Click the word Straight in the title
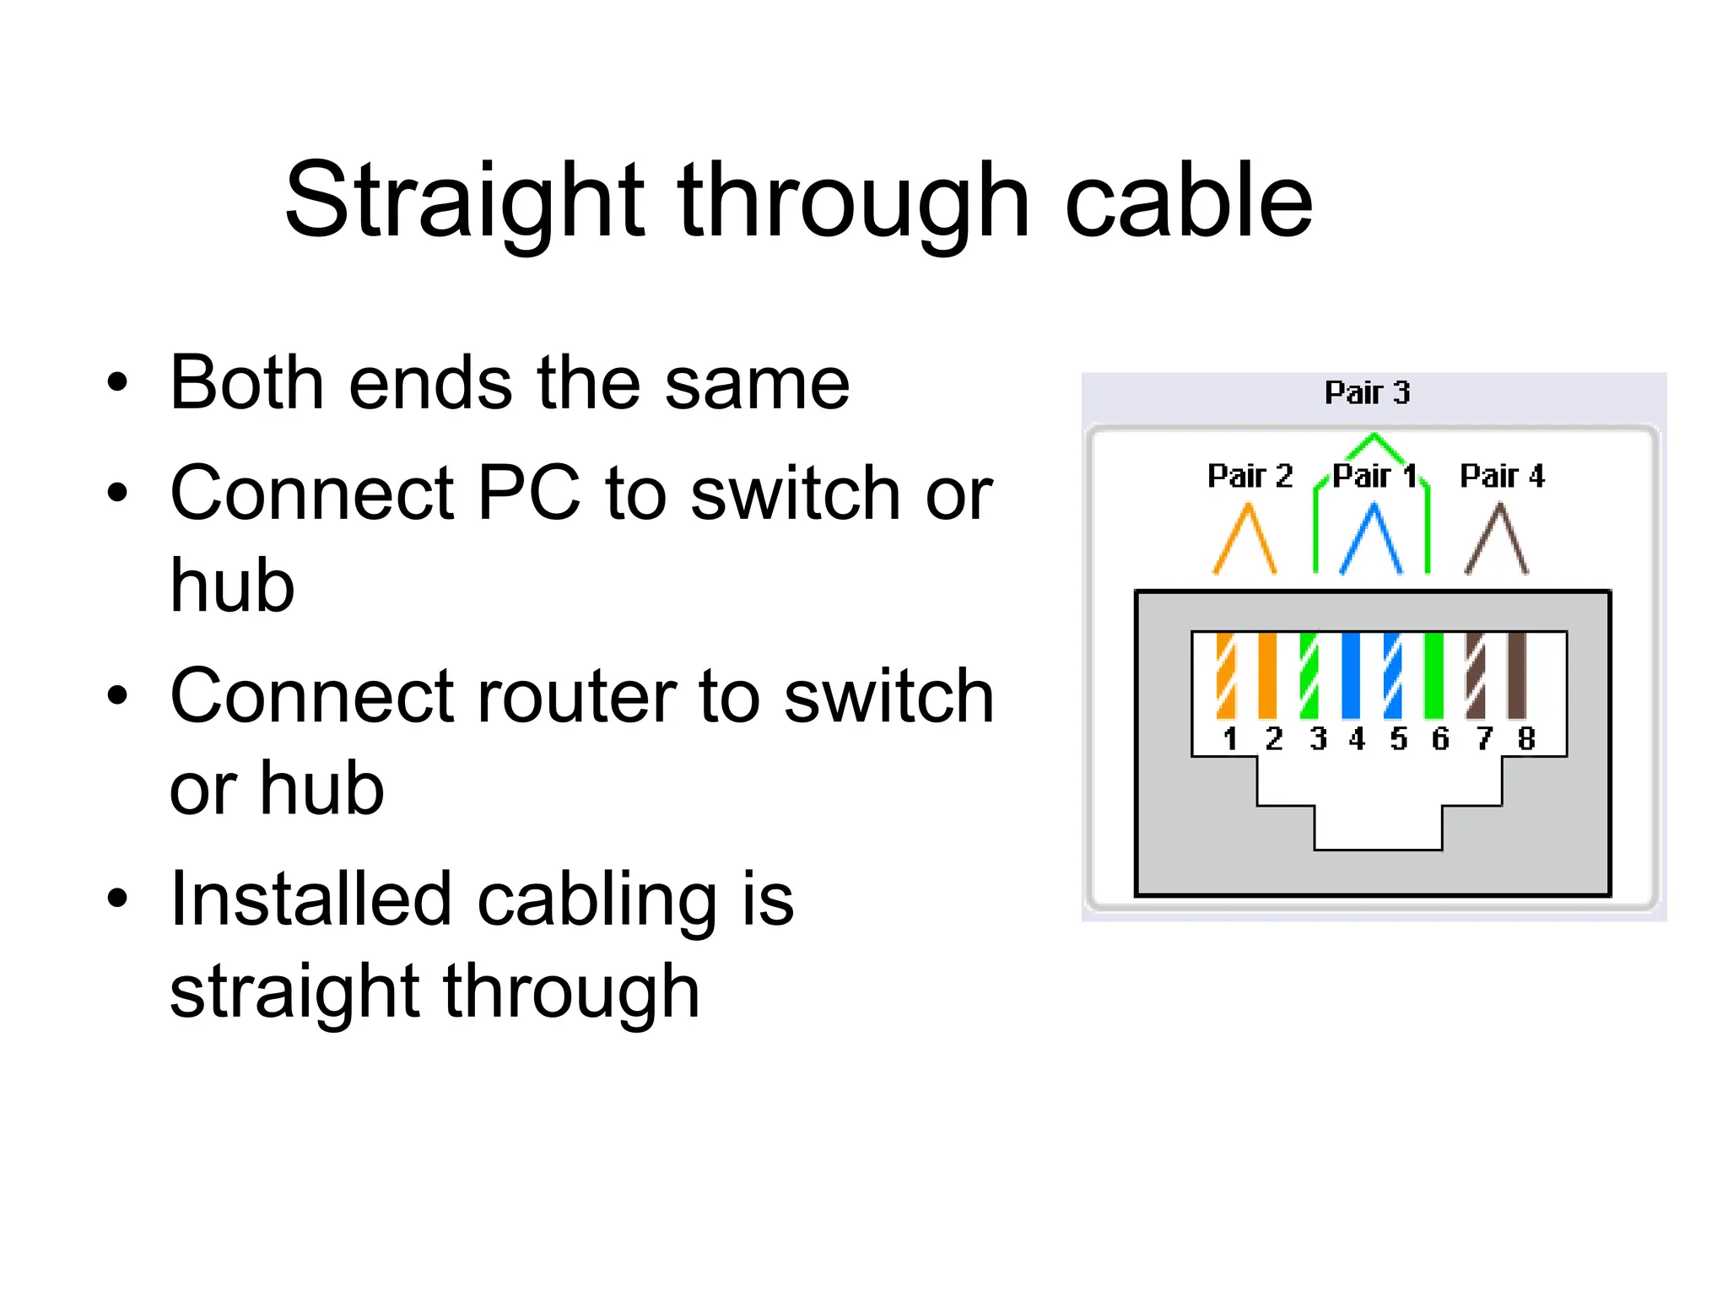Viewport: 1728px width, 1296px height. pos(464,202)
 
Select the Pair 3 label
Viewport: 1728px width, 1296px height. pos(1367,392)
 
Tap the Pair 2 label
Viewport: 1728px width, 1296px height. pos(1250,476)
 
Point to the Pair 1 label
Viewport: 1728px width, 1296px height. pos(1374,476)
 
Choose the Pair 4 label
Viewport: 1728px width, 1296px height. pos(1502,476)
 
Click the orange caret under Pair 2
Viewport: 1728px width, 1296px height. pos(1245,540)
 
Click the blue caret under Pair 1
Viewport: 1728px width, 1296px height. pos(1372,540)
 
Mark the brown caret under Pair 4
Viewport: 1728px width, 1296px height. pos(1497,540)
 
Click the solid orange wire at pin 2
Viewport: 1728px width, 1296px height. pos(1267,675)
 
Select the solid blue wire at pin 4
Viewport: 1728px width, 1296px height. pos(1351,675)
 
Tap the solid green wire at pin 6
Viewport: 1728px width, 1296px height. pos(1434,675)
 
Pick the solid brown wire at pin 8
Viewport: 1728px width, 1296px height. pos(1517,675)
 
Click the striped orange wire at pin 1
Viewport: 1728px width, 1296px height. pos(1226,675)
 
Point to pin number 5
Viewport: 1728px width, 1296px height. pos(1399,739)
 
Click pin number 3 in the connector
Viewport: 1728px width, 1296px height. pos(1318,739)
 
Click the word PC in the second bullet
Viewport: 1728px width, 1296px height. pos(529,493)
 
